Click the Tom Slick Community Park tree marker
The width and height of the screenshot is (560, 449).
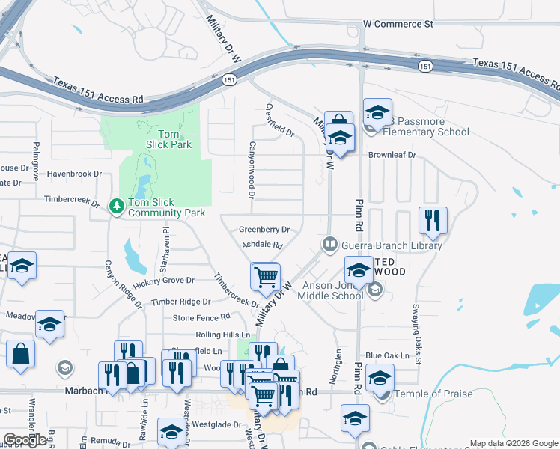point(116,205)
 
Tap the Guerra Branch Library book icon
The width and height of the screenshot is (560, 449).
point(329,245)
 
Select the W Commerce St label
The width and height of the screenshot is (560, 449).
point(398,24)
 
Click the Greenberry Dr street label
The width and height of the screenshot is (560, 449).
point(264,230)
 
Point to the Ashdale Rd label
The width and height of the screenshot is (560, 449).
point(261,245)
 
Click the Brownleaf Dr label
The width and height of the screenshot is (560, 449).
point(392,155)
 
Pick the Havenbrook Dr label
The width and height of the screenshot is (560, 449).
point(74,174)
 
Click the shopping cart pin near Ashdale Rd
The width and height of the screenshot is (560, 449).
point(266,278)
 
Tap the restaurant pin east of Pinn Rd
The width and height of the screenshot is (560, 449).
point(433,220)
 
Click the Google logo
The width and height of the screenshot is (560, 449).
point(25,441)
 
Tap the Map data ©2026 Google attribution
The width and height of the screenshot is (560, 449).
point(514,443)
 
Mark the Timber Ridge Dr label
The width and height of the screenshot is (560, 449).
point(180,302)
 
